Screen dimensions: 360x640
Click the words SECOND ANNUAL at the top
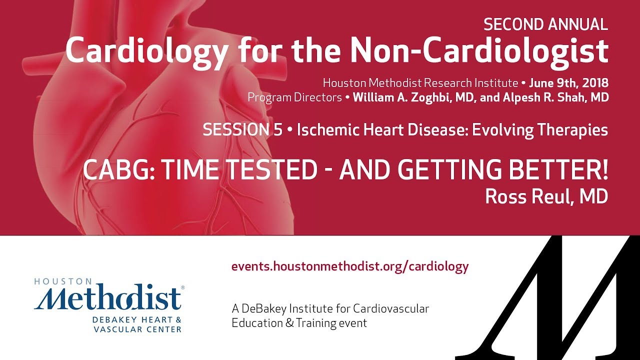tap(546, 24)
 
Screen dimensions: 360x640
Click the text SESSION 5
tap(242, 130)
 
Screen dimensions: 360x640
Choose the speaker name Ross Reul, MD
tap(546, 196)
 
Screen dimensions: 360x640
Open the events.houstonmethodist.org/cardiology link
tap(350, 266)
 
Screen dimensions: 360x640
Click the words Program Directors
tap(295, 97)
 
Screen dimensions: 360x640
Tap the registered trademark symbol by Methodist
tap(182, 287)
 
